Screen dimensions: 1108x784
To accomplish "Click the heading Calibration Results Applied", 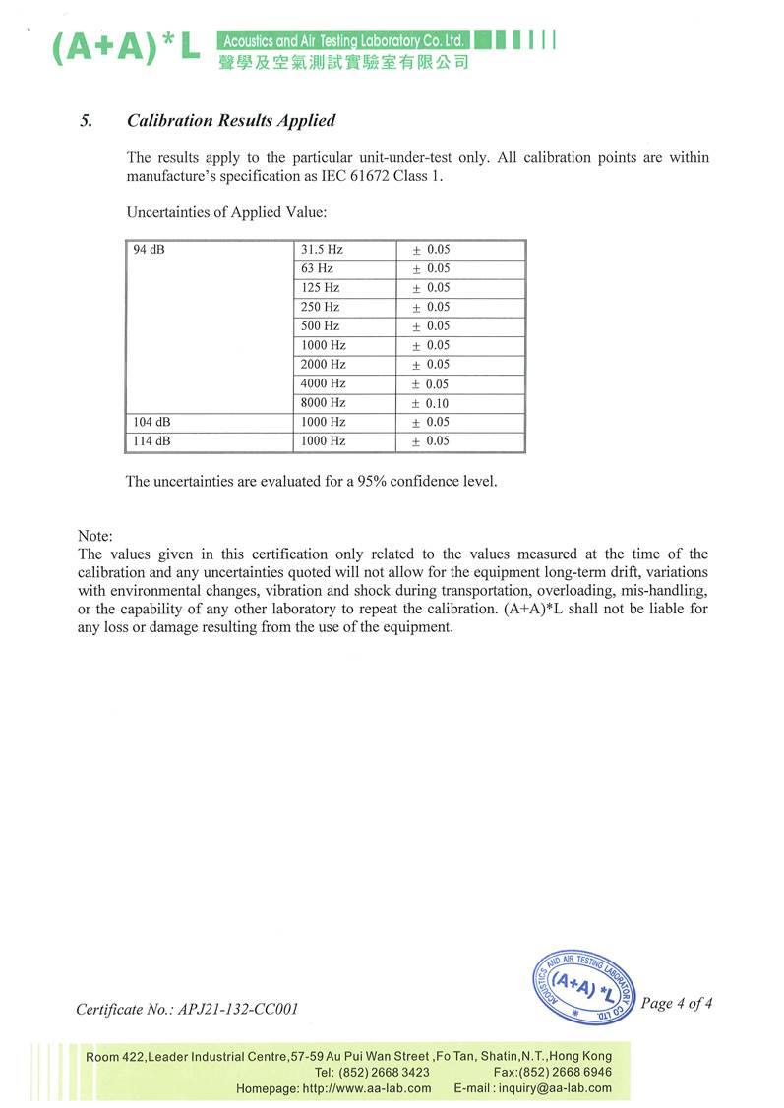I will tap(231, 121).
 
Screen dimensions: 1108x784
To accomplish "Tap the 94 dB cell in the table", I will tap(149, 250).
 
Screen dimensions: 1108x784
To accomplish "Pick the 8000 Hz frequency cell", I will tap(324, 403).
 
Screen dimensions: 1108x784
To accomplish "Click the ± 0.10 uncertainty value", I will tap(431, 403).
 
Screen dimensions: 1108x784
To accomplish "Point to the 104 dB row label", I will tap(151, 422).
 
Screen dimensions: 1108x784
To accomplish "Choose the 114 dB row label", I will tap(151, 441).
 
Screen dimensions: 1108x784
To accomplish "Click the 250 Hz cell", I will tap(321, 307).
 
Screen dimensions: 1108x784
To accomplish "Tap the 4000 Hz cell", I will tap(324, 383).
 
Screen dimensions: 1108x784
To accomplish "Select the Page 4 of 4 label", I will tap(676, 1004).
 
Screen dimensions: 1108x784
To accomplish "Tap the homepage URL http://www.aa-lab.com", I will tap(366, 1088).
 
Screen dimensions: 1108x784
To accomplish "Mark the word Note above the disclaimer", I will tap(94, 537).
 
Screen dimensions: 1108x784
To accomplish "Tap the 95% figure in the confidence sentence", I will tap(345, 482).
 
